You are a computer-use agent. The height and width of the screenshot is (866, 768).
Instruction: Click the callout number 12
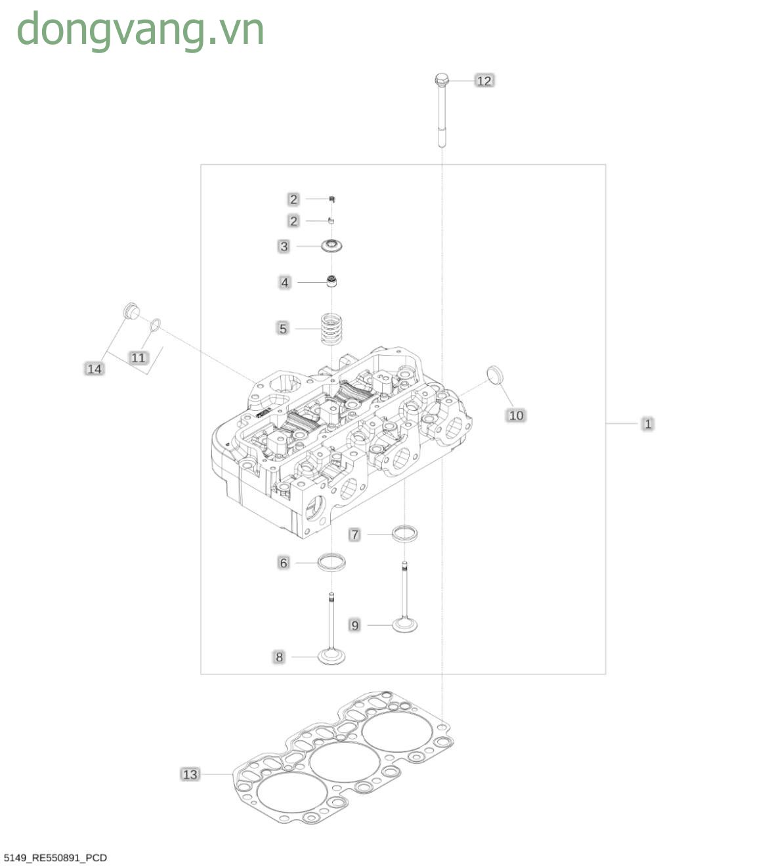(484, 81)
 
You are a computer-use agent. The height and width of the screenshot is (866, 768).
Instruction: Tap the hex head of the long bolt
(441, 79)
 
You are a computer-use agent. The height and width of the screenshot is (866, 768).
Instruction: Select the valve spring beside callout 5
(332, 328)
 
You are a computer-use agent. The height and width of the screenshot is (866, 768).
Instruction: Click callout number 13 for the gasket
(190, 775)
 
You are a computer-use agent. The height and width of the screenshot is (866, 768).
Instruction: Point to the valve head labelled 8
(331, 657)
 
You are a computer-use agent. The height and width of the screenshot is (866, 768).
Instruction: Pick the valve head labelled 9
(404, 625)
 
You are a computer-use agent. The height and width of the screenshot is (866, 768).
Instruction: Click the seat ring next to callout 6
(331, 562)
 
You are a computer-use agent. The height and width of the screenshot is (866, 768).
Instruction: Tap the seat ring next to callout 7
(404, 534)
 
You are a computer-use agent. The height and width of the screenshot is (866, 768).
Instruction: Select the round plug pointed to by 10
(495, 375)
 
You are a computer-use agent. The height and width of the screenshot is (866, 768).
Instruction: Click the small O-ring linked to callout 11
(156, 325)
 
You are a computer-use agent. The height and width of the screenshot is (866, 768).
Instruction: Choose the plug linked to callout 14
(131, 311)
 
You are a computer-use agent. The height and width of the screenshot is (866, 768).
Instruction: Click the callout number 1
(647, 424)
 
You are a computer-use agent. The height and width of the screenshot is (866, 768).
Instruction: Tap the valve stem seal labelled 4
(331, 281)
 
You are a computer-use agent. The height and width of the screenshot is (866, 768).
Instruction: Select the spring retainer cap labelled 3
(332, 246)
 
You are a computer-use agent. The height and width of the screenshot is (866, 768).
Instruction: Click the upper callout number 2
(293, 199)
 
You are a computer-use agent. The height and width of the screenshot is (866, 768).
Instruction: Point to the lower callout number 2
(293, 221)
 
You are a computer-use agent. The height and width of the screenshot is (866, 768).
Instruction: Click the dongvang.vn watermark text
(140, 31)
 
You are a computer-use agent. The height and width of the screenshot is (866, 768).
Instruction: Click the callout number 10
(516, 415)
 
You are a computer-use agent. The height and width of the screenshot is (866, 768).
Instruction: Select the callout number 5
(283, 328)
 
